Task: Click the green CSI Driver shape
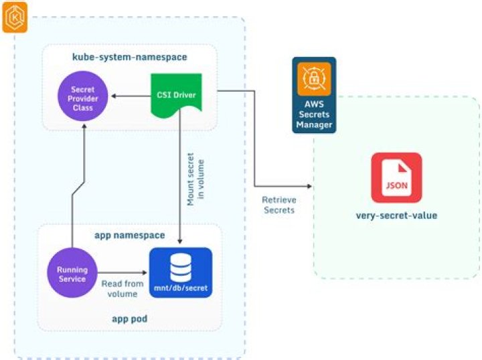[x=172, y=98]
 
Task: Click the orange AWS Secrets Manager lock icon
[x=313, y=79]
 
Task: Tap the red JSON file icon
[x=396, y=177]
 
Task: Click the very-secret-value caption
[x=396, y=216]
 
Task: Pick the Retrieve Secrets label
[x=279, y=205]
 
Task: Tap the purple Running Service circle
[x=71, y=273]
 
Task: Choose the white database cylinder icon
[x=179, y=266]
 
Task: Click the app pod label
[x=129, y=319]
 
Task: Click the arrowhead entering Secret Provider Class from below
[x=82, y=126]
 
